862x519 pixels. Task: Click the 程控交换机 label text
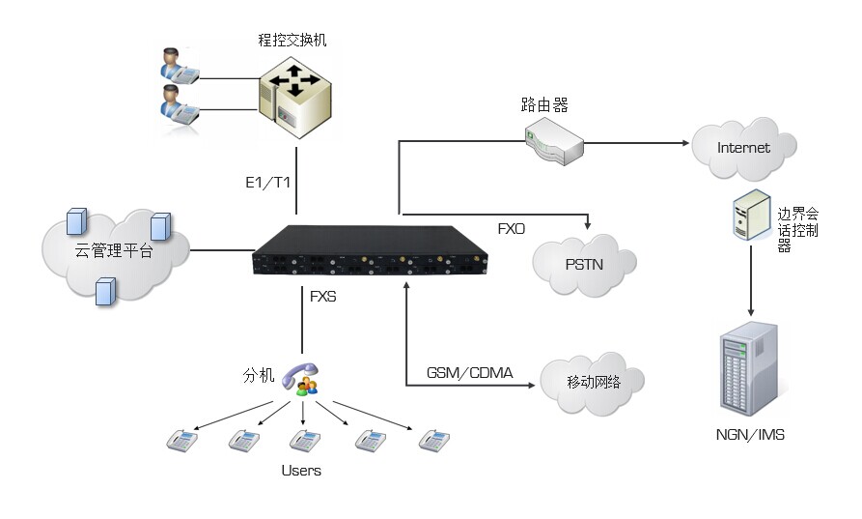[292, 41]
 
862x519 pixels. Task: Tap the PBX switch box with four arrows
[295, 97]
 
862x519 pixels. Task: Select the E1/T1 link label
[267, 182]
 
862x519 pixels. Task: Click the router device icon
[554, 142]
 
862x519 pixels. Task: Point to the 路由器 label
[544, 104]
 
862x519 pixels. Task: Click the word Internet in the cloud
[743, 148]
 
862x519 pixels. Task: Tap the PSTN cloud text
[584, 265]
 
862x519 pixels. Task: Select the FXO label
[512, 229]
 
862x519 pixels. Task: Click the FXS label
[323, 297]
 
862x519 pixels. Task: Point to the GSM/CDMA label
[469, 373]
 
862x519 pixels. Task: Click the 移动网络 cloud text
[594, 382]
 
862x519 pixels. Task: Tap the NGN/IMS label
[750, 435]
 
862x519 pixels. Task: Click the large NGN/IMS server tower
[749, 368]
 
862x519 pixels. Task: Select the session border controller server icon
[752, 216]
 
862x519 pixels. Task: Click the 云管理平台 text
[114, 251]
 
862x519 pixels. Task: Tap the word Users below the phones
[301, 471]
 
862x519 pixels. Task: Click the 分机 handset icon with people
[301, 380]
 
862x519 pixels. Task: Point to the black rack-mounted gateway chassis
[370, 250]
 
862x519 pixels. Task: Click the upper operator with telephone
[179, 66]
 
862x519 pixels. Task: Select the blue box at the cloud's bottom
[105, 291]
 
